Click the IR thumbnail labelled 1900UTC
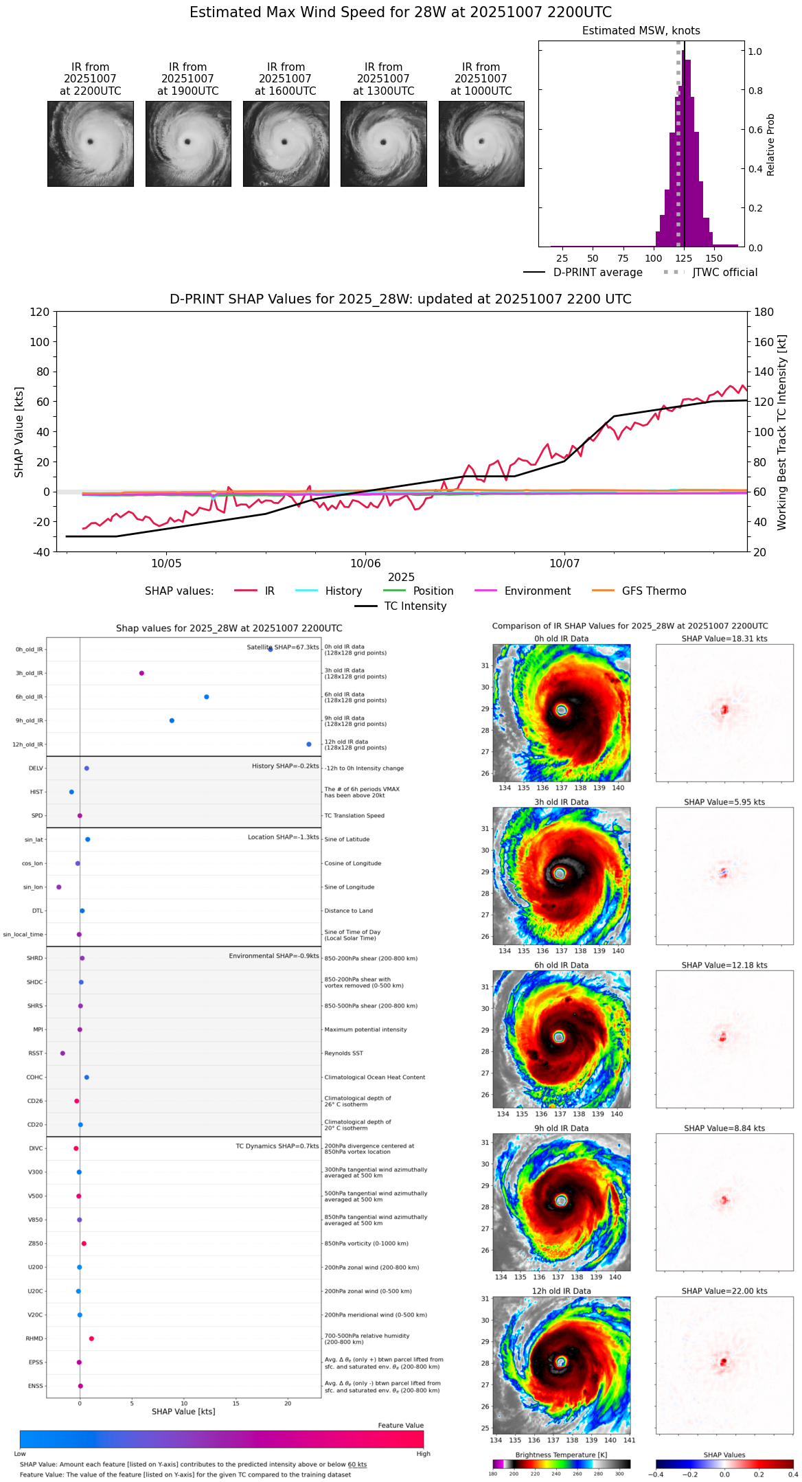[188, 144]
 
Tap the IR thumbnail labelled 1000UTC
[481, 144]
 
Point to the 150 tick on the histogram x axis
[714, 258]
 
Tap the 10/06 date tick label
[365, 564]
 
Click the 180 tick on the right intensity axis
[764, 312]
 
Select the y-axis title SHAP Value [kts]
[19, 432]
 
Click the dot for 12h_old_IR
[309, 744]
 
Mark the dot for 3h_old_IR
[141, 673]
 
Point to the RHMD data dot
[91, 1338]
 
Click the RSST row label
[36, 1053]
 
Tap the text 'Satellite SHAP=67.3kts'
[283, 647]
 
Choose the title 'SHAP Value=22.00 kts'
[724, 1292]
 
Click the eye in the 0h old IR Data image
[562, 710]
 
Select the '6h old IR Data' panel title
[561, 966]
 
